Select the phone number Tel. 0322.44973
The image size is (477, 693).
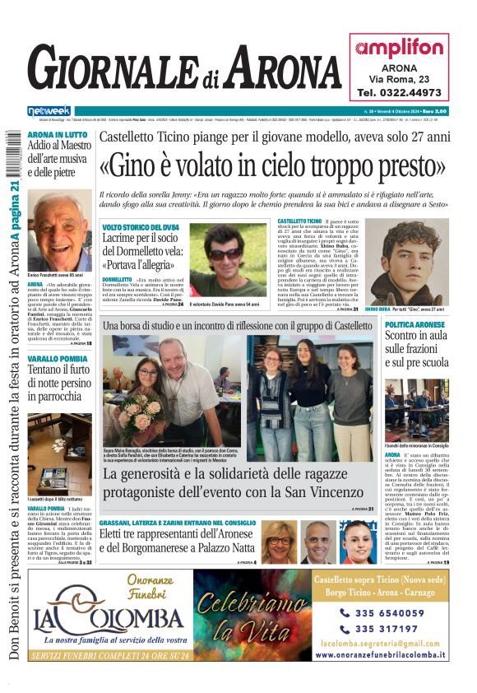(399, 93)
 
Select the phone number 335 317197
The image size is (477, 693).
(388, 629)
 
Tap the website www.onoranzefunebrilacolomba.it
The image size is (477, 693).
(381, 655)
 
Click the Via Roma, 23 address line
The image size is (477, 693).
(399, 78)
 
